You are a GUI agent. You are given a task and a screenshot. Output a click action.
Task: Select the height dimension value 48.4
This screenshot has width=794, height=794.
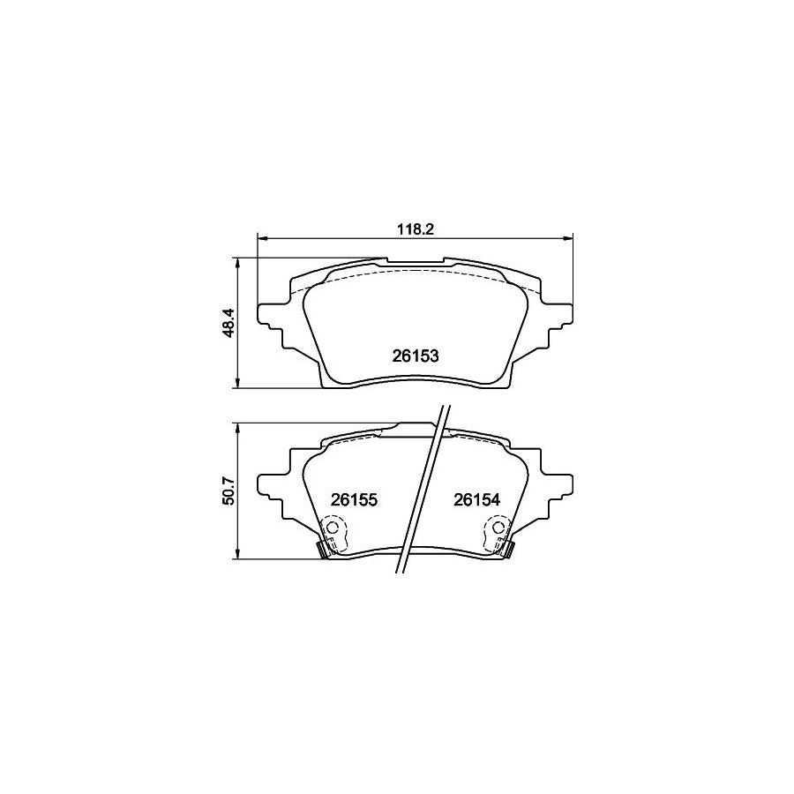[228, 324]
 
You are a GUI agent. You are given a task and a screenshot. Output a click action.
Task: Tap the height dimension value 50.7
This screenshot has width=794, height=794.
[228, 490]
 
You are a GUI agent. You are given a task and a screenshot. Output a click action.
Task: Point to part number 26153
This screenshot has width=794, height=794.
[415, 356]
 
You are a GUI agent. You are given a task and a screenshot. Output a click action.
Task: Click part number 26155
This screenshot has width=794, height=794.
[354, 499]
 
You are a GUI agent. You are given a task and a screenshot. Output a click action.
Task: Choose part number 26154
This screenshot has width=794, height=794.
[476, 499]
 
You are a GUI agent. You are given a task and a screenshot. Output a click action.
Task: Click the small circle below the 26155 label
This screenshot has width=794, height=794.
[333, 528]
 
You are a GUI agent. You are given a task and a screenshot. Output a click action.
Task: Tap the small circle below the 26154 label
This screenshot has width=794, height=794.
[498, 528]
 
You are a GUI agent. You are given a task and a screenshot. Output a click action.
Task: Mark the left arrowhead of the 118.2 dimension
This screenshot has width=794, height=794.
[261, 237]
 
